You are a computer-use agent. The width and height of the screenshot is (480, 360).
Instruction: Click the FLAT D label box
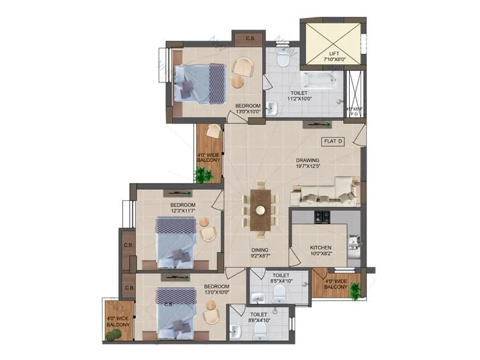click(333, 142)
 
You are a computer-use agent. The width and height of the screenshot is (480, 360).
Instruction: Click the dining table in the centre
click(260, 209)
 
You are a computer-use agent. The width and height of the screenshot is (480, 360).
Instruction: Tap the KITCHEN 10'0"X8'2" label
click(320, 250)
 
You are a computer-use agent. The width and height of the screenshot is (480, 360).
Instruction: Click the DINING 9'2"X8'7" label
click(260, 254)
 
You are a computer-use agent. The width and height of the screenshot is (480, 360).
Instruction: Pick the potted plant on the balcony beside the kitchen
click(356, 290)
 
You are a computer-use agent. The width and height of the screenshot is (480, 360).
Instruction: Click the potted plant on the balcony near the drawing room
click(205, 175)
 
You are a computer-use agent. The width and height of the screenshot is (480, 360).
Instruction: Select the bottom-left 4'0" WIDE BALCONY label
click(118, 322)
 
